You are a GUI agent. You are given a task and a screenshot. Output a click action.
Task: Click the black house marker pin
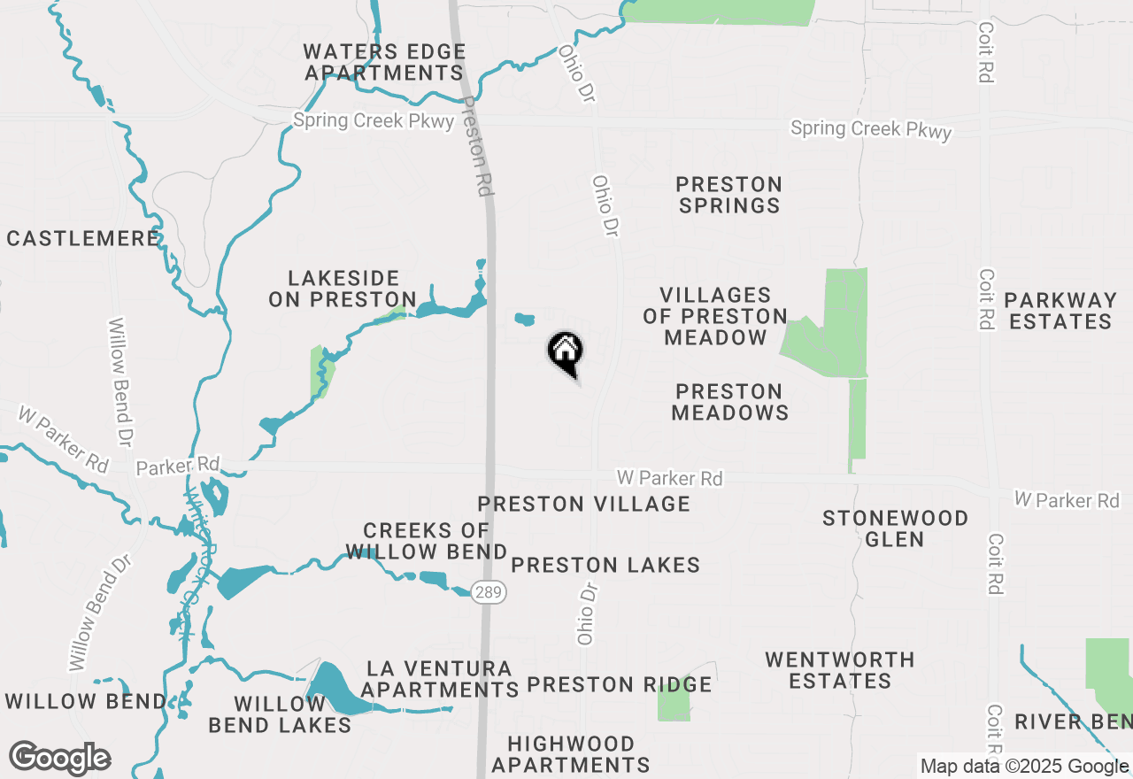pyautogui.click(x=565, y=352)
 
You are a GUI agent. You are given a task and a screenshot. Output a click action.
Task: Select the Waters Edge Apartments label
pyautogui.click(x=384, y=63)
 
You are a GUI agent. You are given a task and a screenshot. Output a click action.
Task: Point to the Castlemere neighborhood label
pyautogui.click(x=83, y=238)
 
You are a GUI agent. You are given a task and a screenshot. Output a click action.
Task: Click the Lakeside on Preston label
pyautogui.click(x=343, y=289)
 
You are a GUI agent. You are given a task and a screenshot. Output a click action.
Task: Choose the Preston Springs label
pyautogui.click(x=728, y=195)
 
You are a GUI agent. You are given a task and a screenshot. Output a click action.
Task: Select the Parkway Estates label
pyautogui.click(x=1060, y=311)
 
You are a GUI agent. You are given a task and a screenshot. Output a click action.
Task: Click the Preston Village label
pyautogui.click(x=583, y=504)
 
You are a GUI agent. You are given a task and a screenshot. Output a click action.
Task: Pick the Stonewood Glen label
pyautogui.click(x=895, y=528)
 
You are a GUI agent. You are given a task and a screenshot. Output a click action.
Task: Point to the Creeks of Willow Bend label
pyautogui.click(x=427, y=541)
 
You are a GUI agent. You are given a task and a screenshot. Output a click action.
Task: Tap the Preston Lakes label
pyautogui.click(x=605, y=565)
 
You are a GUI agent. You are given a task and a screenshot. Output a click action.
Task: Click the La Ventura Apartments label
pyautogui.click(x=440, y=679)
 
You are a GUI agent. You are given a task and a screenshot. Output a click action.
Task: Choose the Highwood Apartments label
pyautogui.click(x=571, y=754)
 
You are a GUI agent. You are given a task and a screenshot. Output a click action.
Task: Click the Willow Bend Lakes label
pyautogui.click(x=280, y=714)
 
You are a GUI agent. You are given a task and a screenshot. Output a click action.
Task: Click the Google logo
pyautogui.click(x=59, y=759)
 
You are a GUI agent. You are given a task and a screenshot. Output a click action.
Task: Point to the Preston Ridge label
pyautogui.click(x=620, y=684)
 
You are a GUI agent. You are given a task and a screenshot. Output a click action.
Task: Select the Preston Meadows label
pyautogui.click(x=729, y=402)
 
